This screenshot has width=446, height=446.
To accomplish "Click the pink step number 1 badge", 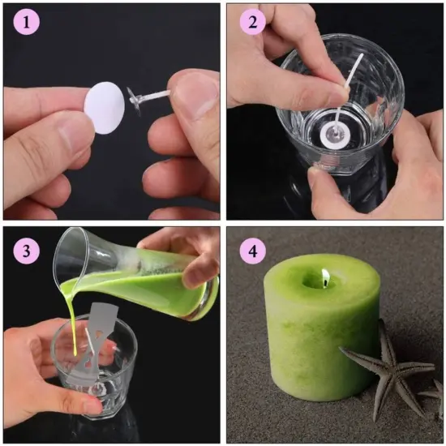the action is coord(26,22).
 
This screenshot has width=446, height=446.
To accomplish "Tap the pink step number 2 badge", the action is coord(252,22).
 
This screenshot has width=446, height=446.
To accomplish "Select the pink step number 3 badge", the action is coord(26,251).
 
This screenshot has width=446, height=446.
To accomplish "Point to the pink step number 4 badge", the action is coord(252,251).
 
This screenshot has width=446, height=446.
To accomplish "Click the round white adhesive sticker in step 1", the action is coord(105,108).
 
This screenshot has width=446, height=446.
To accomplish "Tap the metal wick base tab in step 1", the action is coord(135,101).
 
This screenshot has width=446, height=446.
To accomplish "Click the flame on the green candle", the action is coord(325,277).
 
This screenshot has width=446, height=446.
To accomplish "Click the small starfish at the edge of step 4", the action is coord(434,398).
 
